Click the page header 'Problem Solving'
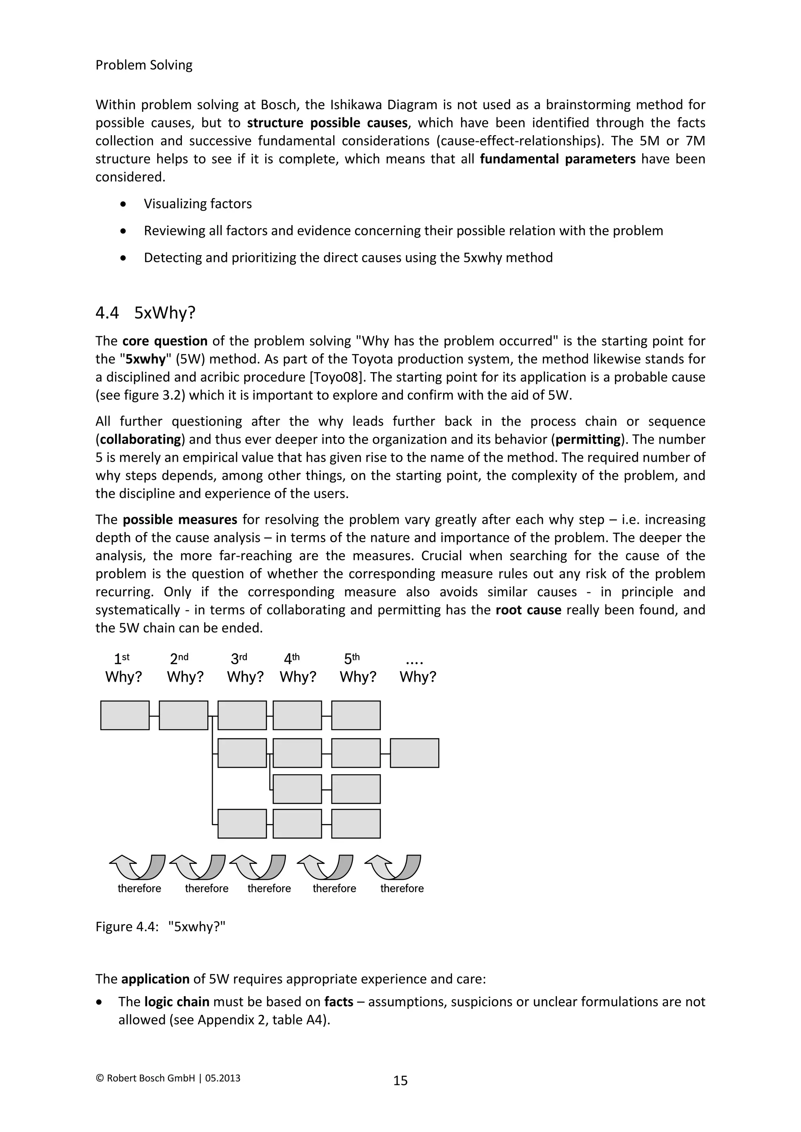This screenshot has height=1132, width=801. tap(144, 65)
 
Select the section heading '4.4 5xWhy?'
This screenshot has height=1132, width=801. tap(145, 313)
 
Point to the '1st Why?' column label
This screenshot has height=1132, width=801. tap(123, 668)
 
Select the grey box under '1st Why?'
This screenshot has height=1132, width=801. tap(125, 715)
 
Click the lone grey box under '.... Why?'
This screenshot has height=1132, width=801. tap(414, 753)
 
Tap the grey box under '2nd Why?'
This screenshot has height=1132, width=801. tap(183, 715)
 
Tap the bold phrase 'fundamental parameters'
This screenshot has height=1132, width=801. tap(557, 159)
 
